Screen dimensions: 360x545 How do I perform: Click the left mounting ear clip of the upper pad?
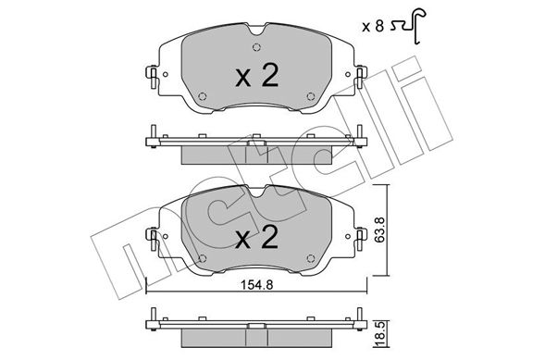tap(150, 75)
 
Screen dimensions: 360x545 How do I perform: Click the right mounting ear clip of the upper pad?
tap(361, 75)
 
